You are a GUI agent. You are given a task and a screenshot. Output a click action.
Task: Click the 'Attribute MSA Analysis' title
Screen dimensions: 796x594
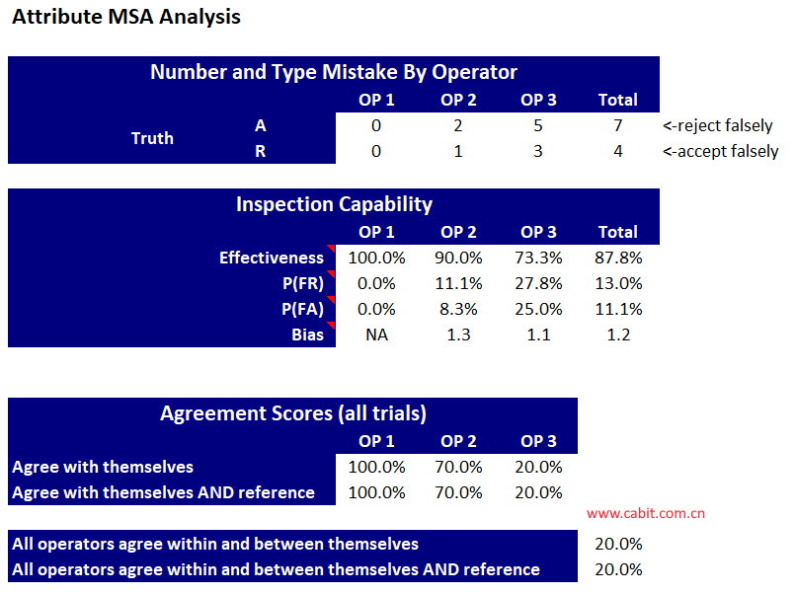point(125,17)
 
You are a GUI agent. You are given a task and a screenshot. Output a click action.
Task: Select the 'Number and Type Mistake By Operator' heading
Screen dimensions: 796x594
point(334,72)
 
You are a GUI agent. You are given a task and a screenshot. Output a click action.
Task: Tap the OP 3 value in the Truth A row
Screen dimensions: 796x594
point(538,125)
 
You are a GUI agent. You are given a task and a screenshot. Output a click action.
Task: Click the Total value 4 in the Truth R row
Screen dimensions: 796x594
point(618,151)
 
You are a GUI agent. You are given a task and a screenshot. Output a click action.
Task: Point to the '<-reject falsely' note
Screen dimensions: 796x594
point(717,125)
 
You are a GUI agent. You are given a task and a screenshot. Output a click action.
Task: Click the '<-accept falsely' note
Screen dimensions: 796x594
point(720,151)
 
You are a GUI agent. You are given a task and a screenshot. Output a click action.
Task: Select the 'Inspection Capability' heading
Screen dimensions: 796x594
point(334,204)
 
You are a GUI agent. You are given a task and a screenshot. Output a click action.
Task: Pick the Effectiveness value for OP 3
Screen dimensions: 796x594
point(538,258)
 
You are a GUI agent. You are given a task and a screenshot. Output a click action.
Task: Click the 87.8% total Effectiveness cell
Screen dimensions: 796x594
point(618,258)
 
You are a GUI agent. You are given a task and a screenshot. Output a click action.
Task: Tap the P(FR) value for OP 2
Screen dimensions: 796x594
point(458,283)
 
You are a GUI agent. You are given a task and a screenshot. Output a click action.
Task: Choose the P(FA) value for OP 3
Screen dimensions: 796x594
point(538,309)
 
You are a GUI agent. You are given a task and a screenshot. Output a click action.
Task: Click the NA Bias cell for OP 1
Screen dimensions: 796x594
point(376,334)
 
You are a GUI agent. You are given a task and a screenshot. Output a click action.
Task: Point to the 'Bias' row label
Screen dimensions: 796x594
point(308,334)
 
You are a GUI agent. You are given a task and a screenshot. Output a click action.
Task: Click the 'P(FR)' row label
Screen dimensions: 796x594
point(303,283)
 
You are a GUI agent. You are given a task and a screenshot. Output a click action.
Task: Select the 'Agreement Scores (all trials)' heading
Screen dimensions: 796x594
point(293,413)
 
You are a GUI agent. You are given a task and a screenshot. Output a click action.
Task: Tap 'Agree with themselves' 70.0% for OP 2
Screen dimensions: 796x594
point(458,467)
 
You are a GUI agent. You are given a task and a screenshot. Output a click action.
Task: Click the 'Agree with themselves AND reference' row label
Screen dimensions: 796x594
point(164,492)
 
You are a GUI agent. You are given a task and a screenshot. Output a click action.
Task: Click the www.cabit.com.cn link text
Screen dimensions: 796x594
point(646,513)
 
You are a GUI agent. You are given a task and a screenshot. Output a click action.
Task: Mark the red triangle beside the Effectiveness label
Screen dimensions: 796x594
point(332,248)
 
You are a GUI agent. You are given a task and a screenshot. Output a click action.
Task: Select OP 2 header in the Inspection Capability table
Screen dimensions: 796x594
point(458,232)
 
